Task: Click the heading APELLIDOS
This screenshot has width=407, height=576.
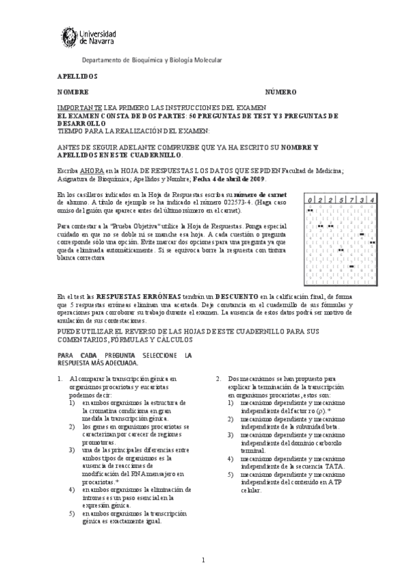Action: point(77,76)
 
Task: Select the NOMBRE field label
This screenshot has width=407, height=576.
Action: point(73,92)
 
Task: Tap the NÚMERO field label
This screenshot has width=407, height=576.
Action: point(280,92)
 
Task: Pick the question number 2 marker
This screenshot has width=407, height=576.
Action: point(218,378)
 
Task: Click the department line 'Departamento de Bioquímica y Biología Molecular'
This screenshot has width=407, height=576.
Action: point(152,60)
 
